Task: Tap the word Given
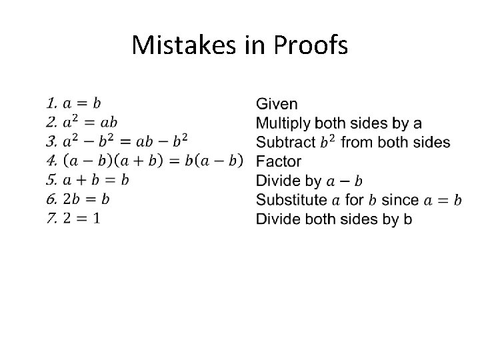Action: tap(277, 104)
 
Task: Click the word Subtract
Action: tap(285, 142)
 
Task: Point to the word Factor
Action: tap(279, 161)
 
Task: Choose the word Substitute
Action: tap(291, 199)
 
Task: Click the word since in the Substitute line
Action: tap(400, 199)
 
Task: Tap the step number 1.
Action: tap(51, 103)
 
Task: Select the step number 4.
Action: tap(51, 161)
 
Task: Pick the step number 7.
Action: tap(51, 218)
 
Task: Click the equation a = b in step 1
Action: tap(82, 103)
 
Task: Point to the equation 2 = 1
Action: tap(82, 218)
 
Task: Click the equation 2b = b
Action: tap(86, 199)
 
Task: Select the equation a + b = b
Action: tap(95, 180)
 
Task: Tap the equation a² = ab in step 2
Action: tap(90, 122)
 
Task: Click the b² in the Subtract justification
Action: tap(327, 141)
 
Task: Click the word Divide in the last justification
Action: tap(278, 218)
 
